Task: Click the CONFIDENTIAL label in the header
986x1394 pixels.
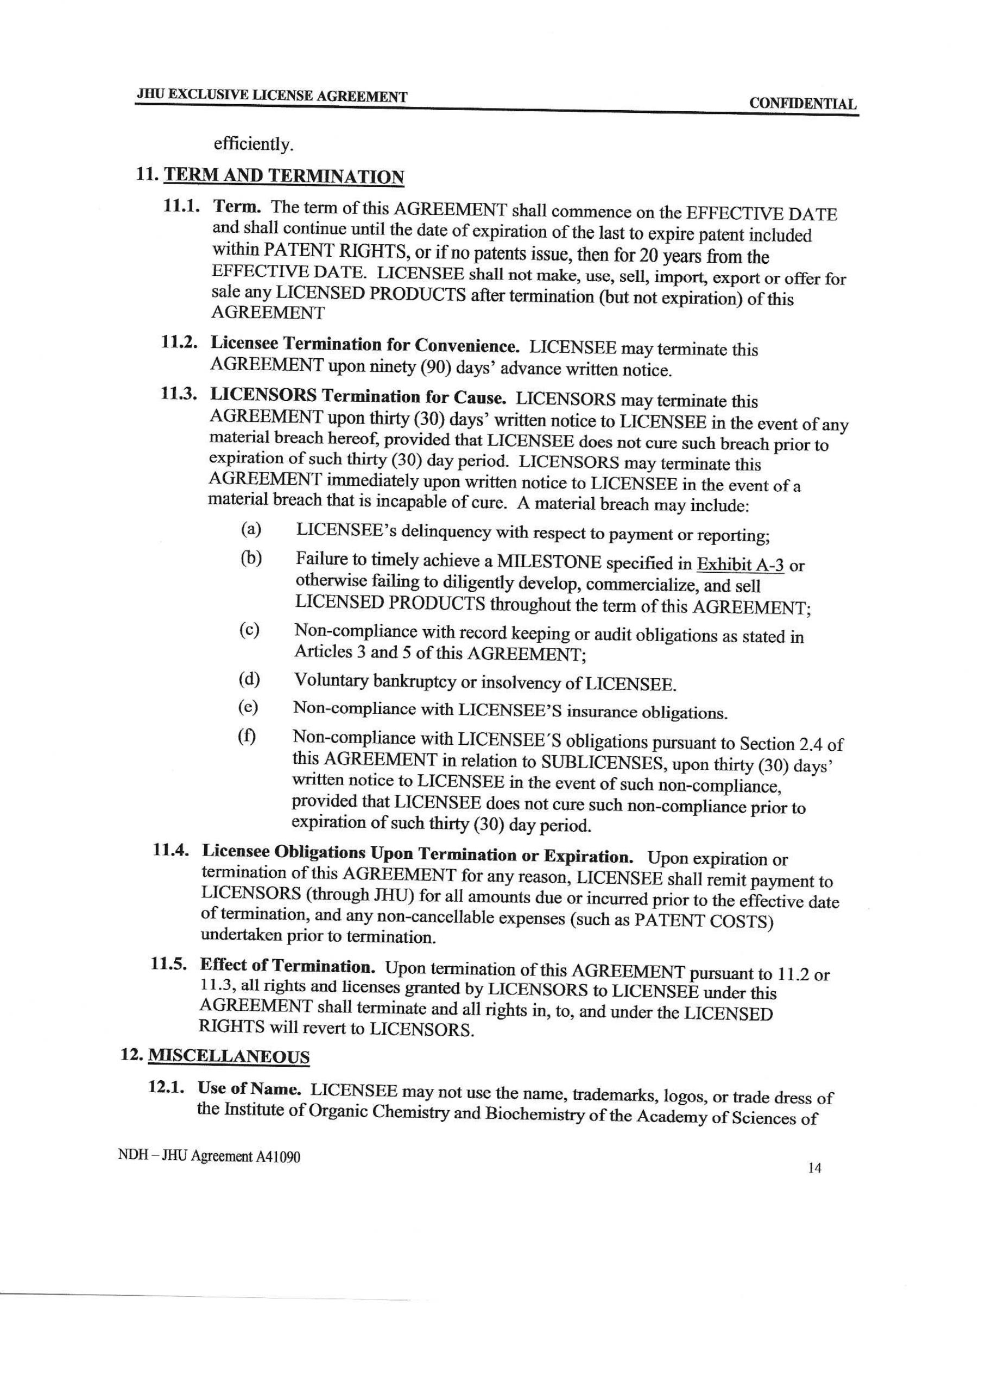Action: point(802,103)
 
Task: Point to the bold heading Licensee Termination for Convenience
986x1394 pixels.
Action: point(365,345)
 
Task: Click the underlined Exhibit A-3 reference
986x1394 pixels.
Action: point(740,565)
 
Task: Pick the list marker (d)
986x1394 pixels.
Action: point(249,679)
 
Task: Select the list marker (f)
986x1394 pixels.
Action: point(246,737)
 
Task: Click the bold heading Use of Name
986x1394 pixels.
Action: point(250,1088)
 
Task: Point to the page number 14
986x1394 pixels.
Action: point(815,1168)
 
